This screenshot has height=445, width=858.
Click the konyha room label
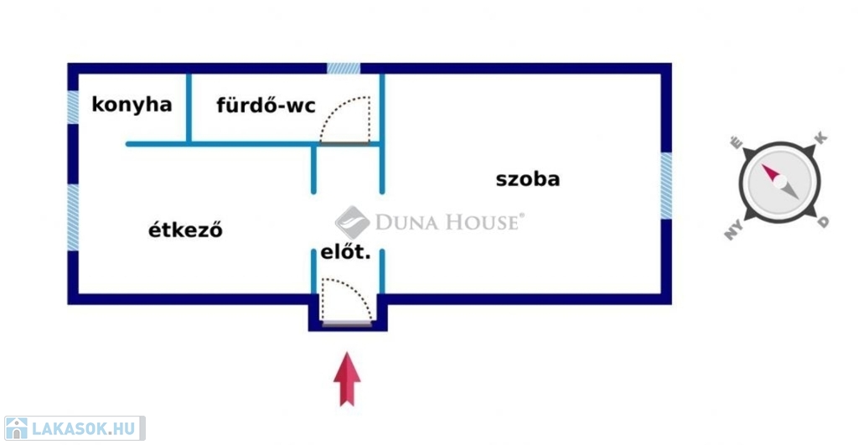pyautogui.click(x=132, y=105)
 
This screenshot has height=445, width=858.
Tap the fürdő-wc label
pyautogui.click(x=266, y=106)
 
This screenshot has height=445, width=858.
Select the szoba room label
pyautogui.click(x=527, y=179)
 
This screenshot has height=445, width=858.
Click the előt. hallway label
pyautogui.click(x=345, y=251)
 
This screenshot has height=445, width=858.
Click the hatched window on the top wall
pyautogui.click(x=344, y=68)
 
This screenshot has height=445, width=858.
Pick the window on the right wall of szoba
pyautogui.click(x=666, y=186)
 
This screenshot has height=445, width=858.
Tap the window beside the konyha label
pyautogui.click(x=73, y=107)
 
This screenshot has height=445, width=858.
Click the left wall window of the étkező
pyautogui.click(x=73, y=217)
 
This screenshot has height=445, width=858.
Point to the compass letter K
pyautogui.click(x=821, y=137)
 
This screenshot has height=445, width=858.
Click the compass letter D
pyautogui.click(x=824, y=221)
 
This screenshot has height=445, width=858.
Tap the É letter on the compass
pyautogui.click(x=737, y=142)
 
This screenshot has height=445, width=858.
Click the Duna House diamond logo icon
pyautogui.click(x=353, y=222)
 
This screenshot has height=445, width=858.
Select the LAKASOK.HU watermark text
pyautogui.click(x=83, y=429)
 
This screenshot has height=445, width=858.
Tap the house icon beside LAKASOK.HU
pyautogui.click(x=16, y=428)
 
